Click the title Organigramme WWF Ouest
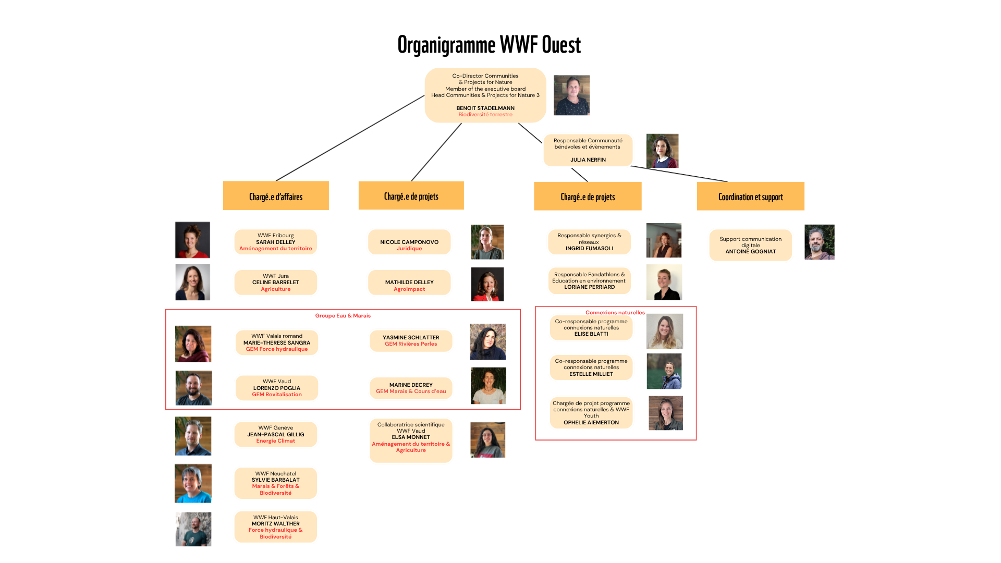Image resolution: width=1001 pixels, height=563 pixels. [489, 45]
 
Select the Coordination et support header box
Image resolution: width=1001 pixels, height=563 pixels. [750, 196]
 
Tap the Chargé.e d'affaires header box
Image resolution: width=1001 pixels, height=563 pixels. [276, 195]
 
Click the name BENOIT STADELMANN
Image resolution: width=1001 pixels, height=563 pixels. [485, 108]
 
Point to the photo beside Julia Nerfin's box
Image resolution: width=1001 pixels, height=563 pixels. [662, 151]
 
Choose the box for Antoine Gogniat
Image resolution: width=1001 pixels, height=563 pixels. [750, 245]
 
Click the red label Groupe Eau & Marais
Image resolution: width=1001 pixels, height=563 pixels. [343, 316]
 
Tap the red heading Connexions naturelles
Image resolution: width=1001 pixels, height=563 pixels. [615, 313]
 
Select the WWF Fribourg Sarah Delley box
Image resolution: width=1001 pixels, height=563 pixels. [276, 242]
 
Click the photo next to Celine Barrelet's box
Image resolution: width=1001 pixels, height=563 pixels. [193, 282]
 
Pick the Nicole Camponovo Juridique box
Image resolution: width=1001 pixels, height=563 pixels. [409, 242]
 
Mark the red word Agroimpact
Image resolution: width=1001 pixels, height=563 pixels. [409, 289]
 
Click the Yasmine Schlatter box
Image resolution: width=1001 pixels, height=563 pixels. [411, 341]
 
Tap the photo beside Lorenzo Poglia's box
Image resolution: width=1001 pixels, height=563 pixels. [194, 388]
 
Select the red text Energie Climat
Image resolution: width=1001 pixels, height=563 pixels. [276, 441]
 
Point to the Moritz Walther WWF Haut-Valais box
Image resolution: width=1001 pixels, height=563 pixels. [276, 527]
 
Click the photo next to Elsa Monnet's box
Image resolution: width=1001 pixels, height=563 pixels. [487, 440]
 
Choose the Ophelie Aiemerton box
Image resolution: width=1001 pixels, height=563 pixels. [591, 413]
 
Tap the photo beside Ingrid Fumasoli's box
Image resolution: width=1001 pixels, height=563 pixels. [664, 240]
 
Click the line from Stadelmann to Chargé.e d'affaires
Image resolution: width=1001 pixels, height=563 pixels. [350, 138]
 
